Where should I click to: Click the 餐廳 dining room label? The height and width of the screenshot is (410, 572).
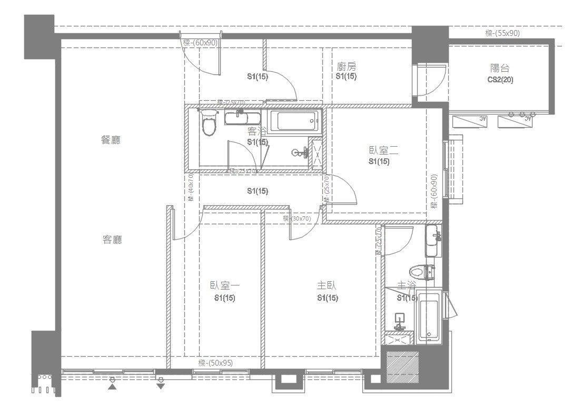pos(111,140)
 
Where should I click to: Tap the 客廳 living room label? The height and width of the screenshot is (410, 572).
pos(112,240)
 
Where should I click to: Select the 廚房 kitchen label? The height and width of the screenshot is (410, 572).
pos(347,67)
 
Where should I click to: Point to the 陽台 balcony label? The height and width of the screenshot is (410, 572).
pos(500,69)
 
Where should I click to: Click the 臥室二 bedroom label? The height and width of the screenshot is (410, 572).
pos(383,151)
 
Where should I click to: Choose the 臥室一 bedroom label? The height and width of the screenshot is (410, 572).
pos(225,285)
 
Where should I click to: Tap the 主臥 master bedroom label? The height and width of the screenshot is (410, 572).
pos(327,285)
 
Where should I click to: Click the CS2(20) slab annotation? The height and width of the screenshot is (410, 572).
pos(500,80)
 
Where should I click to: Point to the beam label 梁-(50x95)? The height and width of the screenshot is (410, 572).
pos(215,363)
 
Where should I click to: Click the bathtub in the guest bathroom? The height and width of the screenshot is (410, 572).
pos(294,122)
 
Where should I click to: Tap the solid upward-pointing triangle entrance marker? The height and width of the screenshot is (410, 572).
pos(112,387)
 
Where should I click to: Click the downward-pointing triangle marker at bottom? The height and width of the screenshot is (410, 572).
pos(161,386)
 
